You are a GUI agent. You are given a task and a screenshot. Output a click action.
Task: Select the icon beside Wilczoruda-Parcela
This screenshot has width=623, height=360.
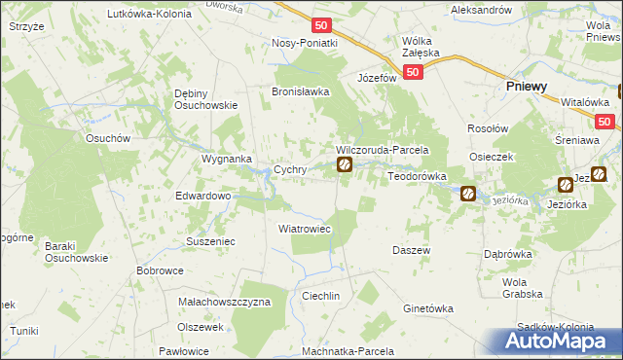point(345,165)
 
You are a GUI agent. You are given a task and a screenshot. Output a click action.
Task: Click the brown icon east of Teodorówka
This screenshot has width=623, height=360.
point(467,194)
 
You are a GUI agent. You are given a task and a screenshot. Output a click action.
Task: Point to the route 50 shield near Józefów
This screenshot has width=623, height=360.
point(415,73)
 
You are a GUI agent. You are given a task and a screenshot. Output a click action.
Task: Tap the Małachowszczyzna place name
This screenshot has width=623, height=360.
point(225,303)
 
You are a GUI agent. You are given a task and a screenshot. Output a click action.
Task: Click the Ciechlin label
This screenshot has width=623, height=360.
point(320,295)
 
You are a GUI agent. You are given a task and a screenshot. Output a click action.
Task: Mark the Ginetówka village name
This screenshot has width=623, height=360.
point(428,308)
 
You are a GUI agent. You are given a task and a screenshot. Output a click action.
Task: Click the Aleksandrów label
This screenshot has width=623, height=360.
point(481,9)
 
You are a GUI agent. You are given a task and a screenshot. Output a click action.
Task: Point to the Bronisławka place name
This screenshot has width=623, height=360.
point(301,91)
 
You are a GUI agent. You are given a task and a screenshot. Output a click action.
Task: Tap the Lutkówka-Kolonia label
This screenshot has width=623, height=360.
point(149,16)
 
